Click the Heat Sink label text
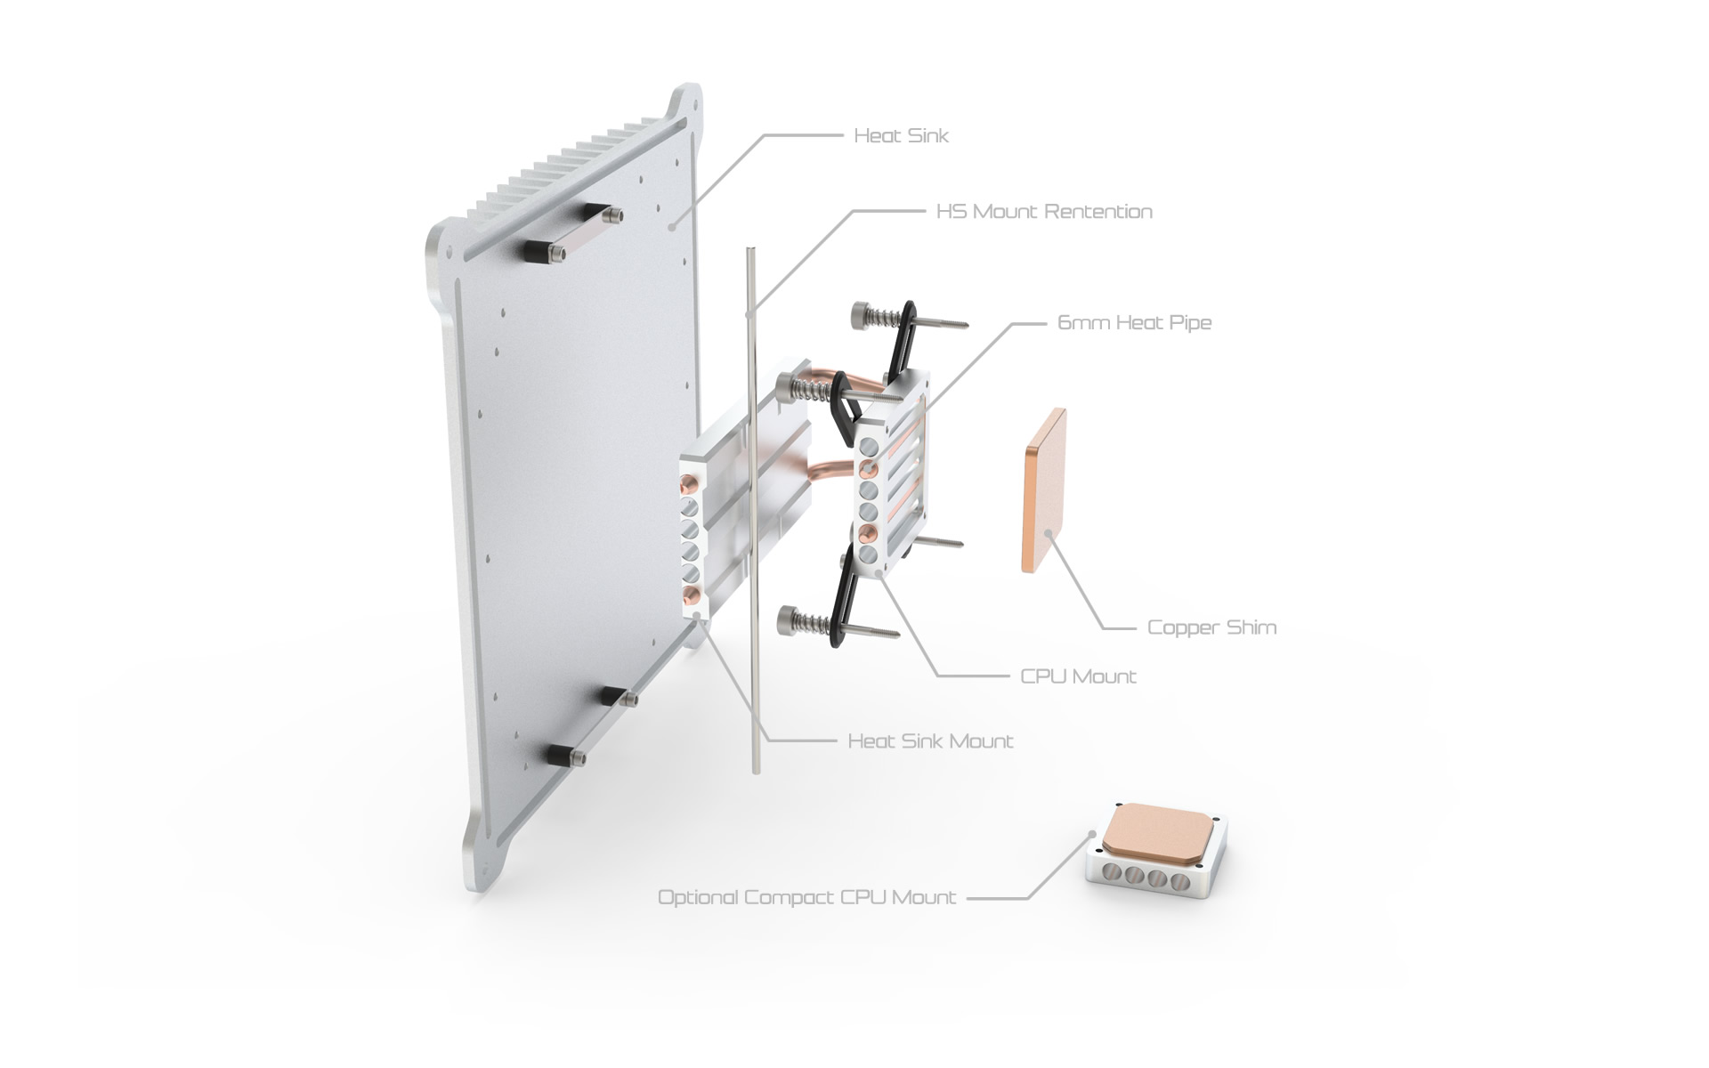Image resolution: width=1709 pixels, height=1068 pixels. click(x=901, y=136)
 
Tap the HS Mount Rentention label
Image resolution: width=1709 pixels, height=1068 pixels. click(x=1044, y=212)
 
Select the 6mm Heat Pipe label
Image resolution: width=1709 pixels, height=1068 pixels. click(x=1134, y=322)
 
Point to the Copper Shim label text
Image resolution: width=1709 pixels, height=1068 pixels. click(x=1211, y=627)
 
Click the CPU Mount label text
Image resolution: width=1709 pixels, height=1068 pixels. click(x=1078, y=676)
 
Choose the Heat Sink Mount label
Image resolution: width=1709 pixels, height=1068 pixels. click(x=930, y=741)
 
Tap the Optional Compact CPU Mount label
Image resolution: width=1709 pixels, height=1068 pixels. click(x=806, y=897)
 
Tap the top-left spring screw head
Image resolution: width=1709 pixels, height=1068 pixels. click(x=863, y=313)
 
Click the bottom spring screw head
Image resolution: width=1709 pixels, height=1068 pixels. click(x=791, y=619)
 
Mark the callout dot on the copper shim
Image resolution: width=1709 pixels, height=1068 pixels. click(x=1049, y=534)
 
